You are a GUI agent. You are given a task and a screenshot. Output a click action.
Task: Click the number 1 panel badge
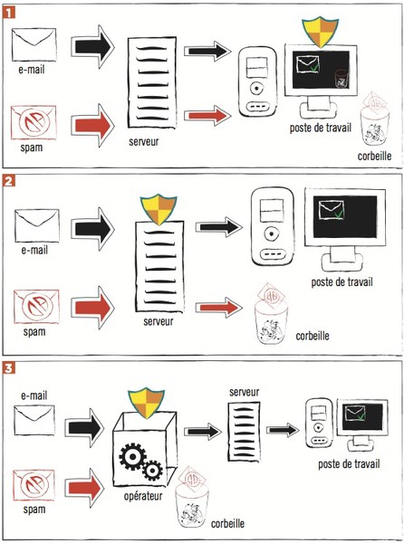(x=9, y=13)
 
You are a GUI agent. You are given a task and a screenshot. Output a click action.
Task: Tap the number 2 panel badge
(x=9, y=181)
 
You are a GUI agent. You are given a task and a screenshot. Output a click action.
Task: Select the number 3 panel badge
(x=9, y=368)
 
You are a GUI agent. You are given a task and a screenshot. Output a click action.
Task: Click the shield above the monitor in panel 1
(x=320, y=31)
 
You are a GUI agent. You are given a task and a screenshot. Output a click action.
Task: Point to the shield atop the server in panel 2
(x=159, y=209)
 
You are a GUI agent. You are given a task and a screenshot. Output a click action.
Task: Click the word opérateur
(x=143, y=497)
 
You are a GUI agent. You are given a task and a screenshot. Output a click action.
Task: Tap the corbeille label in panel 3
(x=227, y=523)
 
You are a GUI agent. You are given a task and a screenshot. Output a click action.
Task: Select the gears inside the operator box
(x=140, y=462)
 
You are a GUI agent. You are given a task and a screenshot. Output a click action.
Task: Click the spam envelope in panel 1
(x=34, y=122)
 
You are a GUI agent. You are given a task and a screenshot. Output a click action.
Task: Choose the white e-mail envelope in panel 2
(x=37, y=225)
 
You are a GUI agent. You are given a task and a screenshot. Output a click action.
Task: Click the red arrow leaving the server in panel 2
(x=219, y=307)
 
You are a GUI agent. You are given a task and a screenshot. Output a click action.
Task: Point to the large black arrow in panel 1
(x=93, y=47)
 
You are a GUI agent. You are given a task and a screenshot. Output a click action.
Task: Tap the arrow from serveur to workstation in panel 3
(x=283, y=430)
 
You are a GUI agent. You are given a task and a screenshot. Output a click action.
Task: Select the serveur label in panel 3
(x=244, y=392)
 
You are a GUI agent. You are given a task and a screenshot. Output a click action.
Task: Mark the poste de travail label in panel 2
(x=341, y=282)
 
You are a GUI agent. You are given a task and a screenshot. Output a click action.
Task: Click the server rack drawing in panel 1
(x=152, y=81)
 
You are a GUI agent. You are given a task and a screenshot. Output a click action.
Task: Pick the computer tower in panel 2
(x=272, y=226)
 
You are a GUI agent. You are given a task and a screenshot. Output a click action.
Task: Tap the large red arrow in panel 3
(x=84, y=489)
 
